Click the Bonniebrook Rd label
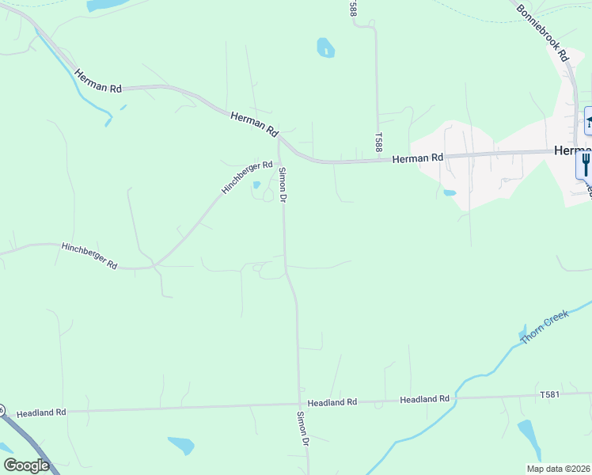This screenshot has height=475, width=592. (x=543, y=32)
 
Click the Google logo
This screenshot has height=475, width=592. (x=26, y=465)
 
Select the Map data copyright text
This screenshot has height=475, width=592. (x=557, y=469)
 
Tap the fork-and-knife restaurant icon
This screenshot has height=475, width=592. (x=585, y=164)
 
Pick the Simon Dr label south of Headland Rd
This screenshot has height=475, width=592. (x=302, y=428)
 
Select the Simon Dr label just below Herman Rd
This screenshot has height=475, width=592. (x=282, y=184)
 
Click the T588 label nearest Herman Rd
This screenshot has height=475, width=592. (x=379, y=142)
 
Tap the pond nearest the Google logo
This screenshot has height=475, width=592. (x=180, y=446)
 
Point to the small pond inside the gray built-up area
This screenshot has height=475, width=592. (x=450, y=192)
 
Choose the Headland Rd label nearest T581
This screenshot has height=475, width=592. (x=424, y=399)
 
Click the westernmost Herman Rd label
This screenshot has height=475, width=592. (x=98, y=82)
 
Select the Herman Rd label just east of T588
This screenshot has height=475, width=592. (x=417, y=158)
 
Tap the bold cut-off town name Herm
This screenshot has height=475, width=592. (x=572, y=150)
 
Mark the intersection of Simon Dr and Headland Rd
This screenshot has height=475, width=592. (x=299, y=404)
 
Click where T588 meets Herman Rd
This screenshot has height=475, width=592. (x=378, y=160)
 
